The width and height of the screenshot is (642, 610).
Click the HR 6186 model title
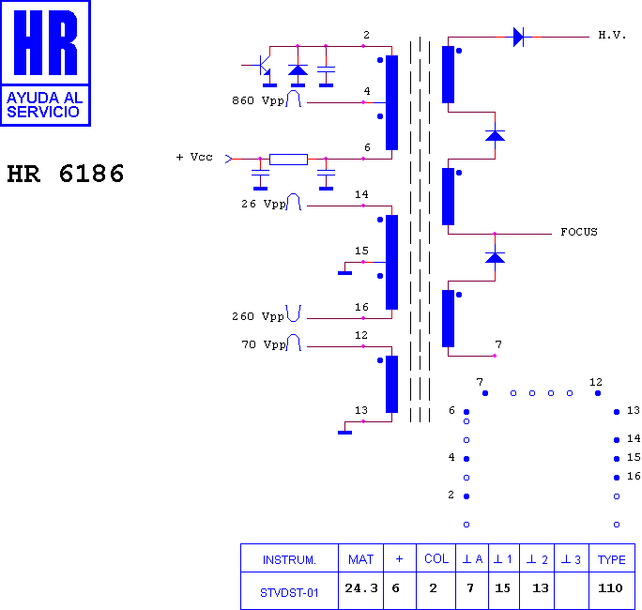(x=66, y=174)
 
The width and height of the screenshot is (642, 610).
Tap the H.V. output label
(x=612, y=36)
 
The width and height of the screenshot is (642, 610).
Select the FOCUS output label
(x=579, y=232)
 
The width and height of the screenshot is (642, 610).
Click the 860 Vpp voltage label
(x=257, y=100)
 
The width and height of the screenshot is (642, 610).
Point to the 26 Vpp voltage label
(x=263, y=204)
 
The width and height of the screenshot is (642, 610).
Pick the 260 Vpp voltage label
(x=257, y=316)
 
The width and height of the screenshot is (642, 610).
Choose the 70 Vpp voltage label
(x=263, y=344)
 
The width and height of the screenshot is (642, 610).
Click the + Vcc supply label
(x=194, y=158)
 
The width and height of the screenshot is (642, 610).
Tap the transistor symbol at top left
(x=262, y=66)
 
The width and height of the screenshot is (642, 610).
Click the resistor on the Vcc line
(x=288, y=160)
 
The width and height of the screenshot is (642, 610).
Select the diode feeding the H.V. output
(x=518, y=37)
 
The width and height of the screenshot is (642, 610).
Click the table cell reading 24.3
(x=360, y=588)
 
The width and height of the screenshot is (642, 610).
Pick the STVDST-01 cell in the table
(x=289, y=593)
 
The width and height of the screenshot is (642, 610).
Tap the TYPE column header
(x=611, y=559)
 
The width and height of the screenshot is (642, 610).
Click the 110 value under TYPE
(x=610, y=588)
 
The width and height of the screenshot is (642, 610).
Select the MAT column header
(x=360, y=559)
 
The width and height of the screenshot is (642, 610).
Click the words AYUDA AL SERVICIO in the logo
(x=45, y=105)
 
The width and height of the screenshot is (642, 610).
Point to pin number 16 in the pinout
(x=633, y=476)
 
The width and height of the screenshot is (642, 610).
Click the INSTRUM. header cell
(x=289, y=560)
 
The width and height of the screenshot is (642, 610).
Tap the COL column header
(x=436, y=558)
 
